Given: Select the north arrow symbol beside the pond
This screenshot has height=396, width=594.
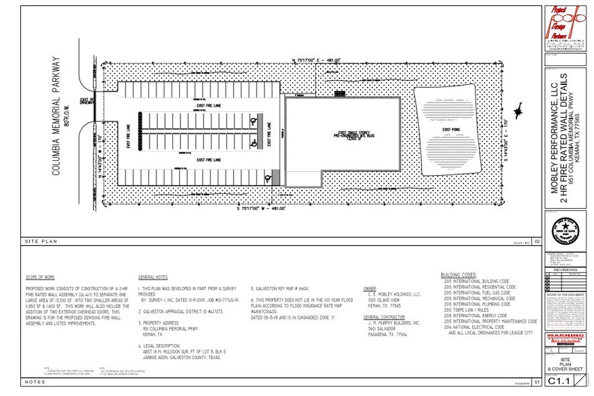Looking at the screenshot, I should (x=519, y=111).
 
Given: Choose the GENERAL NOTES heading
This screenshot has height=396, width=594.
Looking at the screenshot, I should (x=154, y=277).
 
